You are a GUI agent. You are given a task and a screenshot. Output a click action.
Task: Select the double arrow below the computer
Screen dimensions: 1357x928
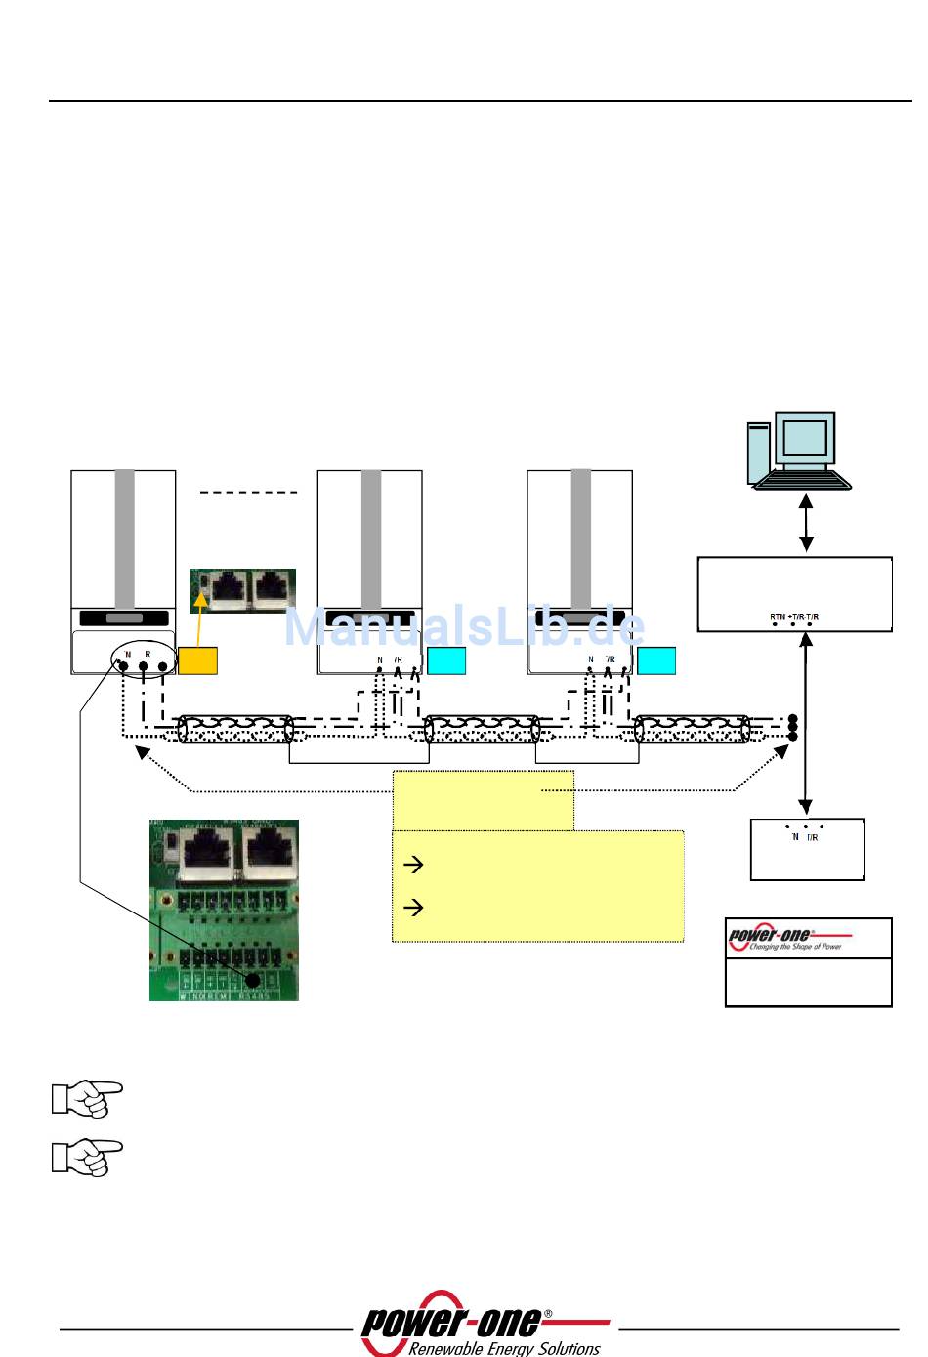pos(806,523)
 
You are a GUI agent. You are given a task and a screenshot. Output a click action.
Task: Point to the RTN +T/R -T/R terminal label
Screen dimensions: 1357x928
pos(794,616)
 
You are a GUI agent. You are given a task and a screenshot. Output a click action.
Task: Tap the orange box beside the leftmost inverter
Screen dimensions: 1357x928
pos(197,660)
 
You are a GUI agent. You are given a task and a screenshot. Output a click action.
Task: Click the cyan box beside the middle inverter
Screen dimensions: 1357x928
pos(446,660)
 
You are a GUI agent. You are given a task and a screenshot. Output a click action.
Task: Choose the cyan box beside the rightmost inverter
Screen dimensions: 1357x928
pos(656,660)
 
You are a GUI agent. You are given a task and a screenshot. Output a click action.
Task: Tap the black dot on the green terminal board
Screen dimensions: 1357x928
pos(253,980)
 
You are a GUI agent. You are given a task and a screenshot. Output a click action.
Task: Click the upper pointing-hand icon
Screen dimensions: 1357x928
pos(87,1097)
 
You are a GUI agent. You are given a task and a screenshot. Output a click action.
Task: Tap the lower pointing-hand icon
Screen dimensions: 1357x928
pos(87,1157)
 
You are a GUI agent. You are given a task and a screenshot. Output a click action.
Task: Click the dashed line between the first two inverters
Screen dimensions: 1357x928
pos(248,493)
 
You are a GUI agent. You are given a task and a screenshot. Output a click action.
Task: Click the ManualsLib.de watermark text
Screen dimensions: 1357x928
pos(464,627)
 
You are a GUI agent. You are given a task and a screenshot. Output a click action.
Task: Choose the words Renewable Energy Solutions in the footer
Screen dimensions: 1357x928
pos(503,1348)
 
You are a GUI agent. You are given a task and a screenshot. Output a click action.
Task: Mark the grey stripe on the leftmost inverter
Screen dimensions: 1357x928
pos(124,537)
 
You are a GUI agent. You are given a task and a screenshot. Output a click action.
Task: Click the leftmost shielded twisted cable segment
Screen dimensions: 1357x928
pos(234,729)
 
